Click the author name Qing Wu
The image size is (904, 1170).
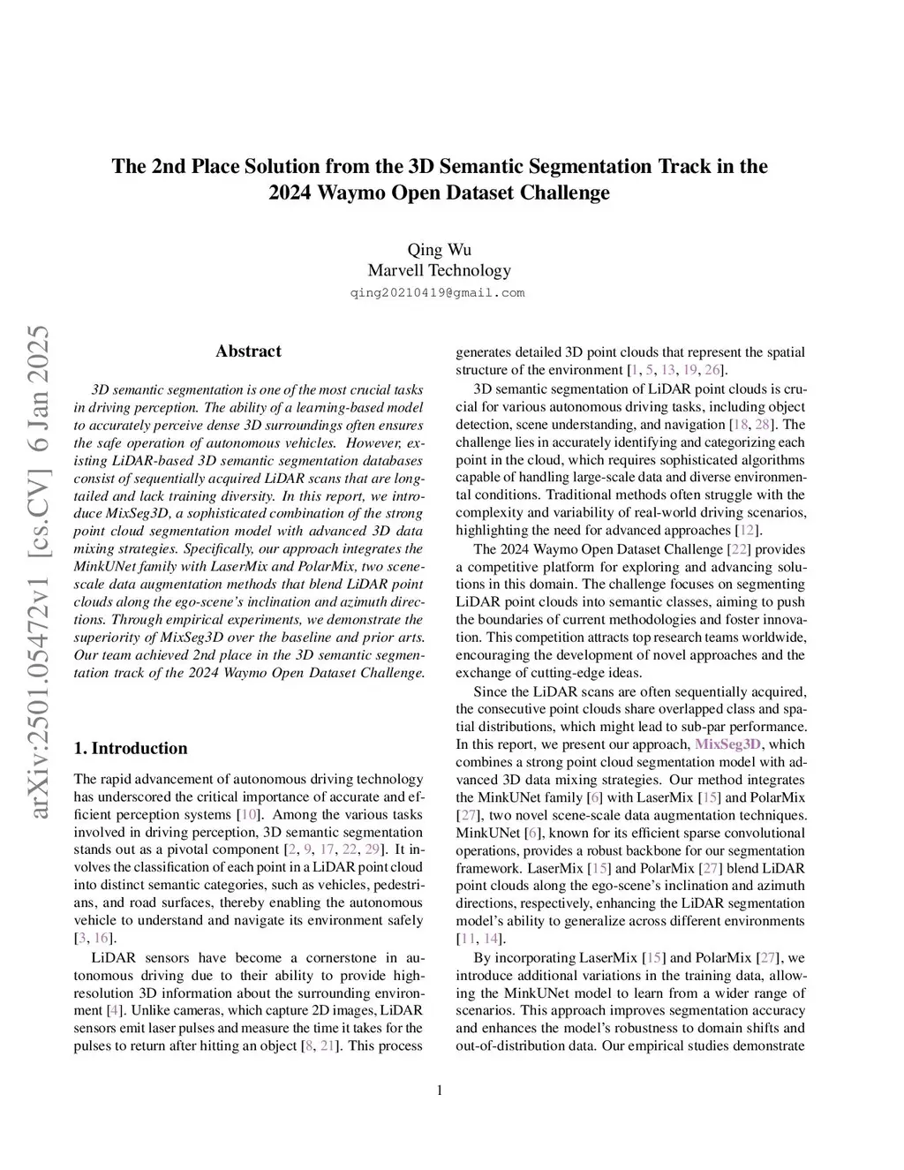(x=439, y=249)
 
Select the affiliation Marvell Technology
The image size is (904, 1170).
(x=439, y=270)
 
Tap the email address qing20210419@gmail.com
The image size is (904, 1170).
(x=439, y=293)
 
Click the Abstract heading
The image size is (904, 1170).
(x=248, y=351)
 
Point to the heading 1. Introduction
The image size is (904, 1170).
(x=131, y=749)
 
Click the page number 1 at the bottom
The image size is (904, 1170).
(x=440, y=1090)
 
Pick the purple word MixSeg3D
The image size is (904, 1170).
(x=727, y=744)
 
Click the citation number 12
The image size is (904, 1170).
(x=747, y=531)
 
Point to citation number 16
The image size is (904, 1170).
(x=102, y=939)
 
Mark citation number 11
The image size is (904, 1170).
(x=465, y=939)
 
